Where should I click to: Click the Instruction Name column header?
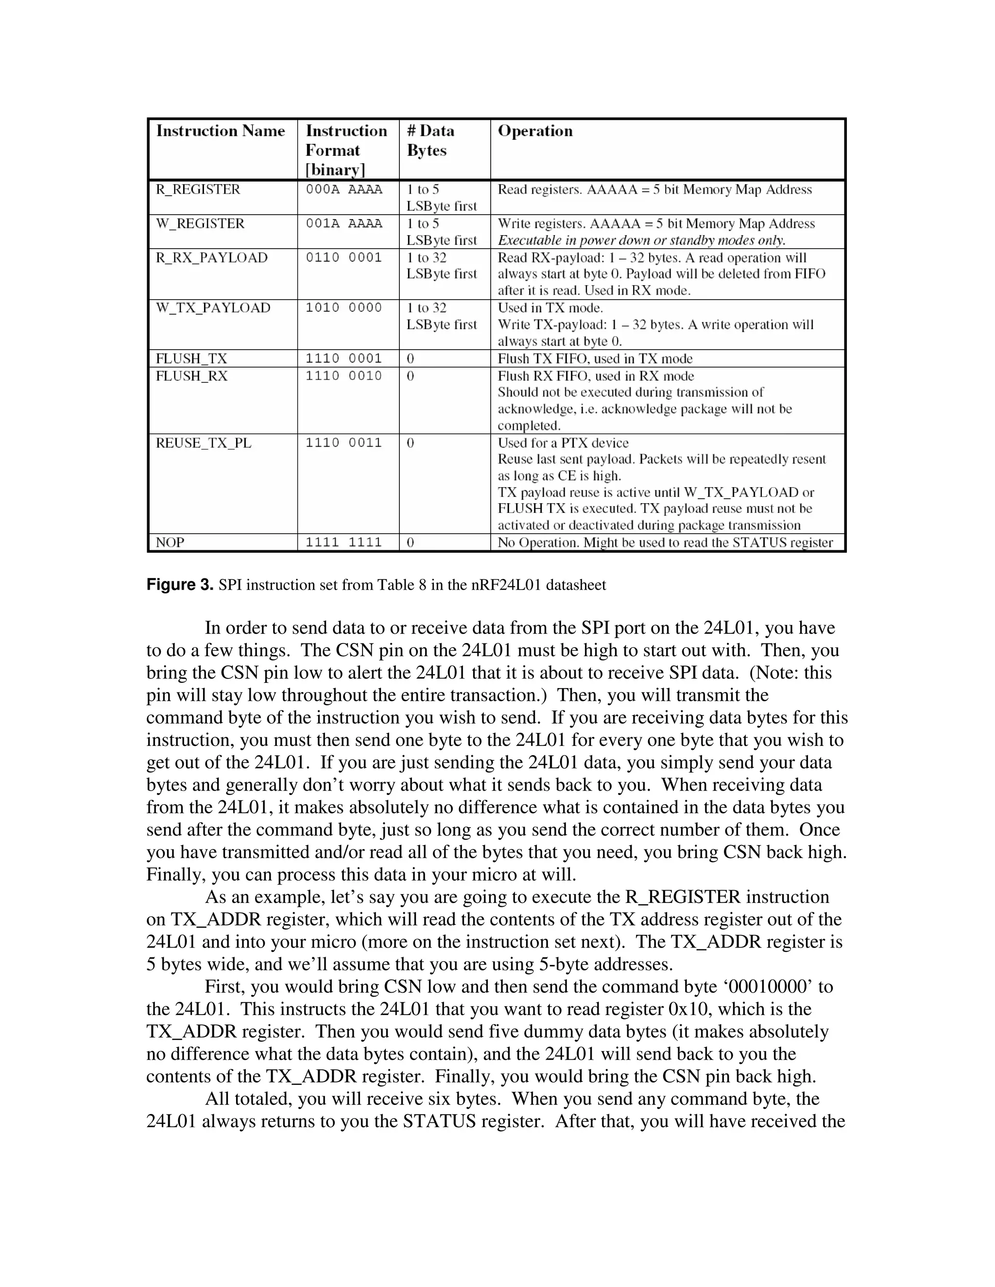[x=221, y=131]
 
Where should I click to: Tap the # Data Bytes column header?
[x=430, y=140]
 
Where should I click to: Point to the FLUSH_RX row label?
[x=191, y=376]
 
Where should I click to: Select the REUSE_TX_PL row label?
[x=204, y=443]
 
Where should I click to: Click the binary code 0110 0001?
[x=343, y=258]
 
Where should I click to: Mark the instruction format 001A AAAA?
[x=343, y=224]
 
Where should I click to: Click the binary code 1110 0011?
[x=343, y=443]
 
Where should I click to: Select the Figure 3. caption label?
[x=180, y=585]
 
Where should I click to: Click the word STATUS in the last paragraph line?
[x=439, y=1121]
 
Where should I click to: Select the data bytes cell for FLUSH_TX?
[x=411, y=359]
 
